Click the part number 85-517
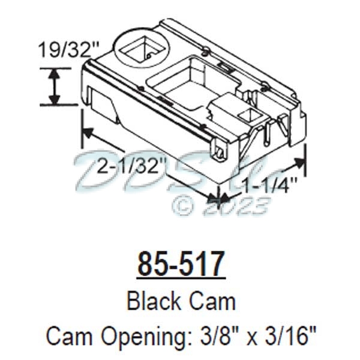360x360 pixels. point(181,264)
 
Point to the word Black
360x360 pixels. point(149,301)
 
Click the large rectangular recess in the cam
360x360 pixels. point(186,84)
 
